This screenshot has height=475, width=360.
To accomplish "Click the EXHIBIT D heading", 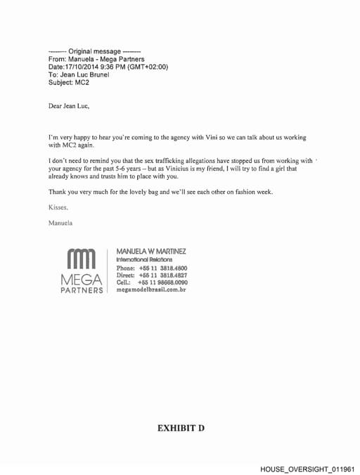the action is coord(180,427).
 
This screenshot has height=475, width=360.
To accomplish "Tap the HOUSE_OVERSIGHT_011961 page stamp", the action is coord(307,468).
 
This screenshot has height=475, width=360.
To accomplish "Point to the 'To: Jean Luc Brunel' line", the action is coord(79,74).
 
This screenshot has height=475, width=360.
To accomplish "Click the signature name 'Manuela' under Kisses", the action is coord(60,223).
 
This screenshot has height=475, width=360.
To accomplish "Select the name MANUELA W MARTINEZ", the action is coord(151,252).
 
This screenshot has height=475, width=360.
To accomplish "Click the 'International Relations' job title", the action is coord(144,260).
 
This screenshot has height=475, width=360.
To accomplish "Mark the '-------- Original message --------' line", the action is coord(94,51).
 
